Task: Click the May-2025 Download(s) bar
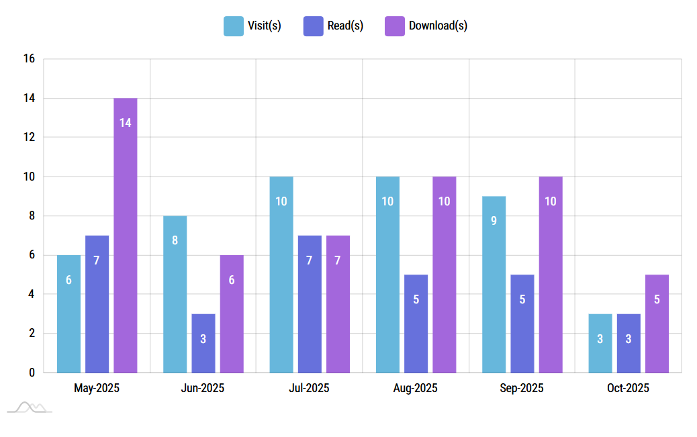pos(125,235)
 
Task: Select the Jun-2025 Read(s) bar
pos(203,343)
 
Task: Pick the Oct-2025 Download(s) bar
pos(657,323)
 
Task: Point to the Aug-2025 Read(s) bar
pos(416,323)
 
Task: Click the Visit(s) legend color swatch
pos(234,26)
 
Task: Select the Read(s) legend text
pos(345,26)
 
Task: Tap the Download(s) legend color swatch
pos(394,26)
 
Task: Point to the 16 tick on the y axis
pos(29,59)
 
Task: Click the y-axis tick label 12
pos(29,138)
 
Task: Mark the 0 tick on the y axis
pos(32,373)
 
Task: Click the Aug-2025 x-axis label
pos(415,388)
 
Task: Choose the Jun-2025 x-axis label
pos(203,388)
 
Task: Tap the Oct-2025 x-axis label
pos(628,388)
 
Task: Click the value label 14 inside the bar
pos(125,123)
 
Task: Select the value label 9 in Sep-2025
pos(494,221)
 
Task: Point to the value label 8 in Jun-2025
pos(175,240)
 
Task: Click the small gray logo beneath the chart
pos(30,407)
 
